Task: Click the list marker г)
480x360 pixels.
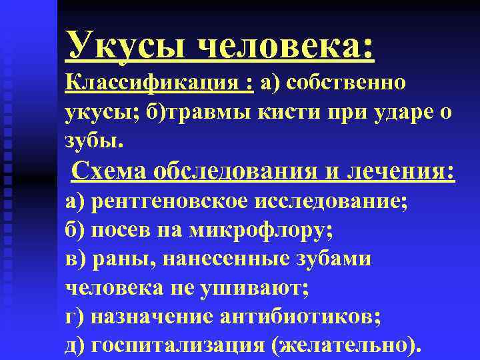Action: click(x=75, y=317)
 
